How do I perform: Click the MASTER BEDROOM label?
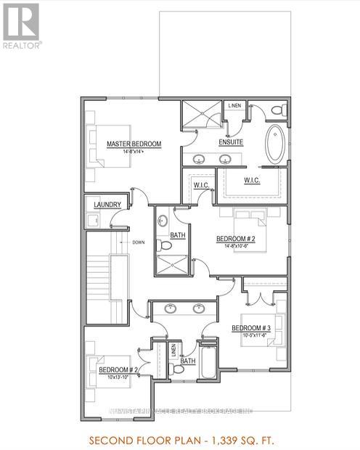(x=134, y=144)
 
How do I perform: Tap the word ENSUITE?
(x=231, y=142)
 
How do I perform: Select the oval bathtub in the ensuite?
(x=276, y=144)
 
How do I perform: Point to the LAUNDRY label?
(x=106, y=205)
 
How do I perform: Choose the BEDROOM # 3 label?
(x=250, y=328)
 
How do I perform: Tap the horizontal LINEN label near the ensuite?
(x=234, y=106)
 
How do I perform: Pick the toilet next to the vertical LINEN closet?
(x=176, y=369)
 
